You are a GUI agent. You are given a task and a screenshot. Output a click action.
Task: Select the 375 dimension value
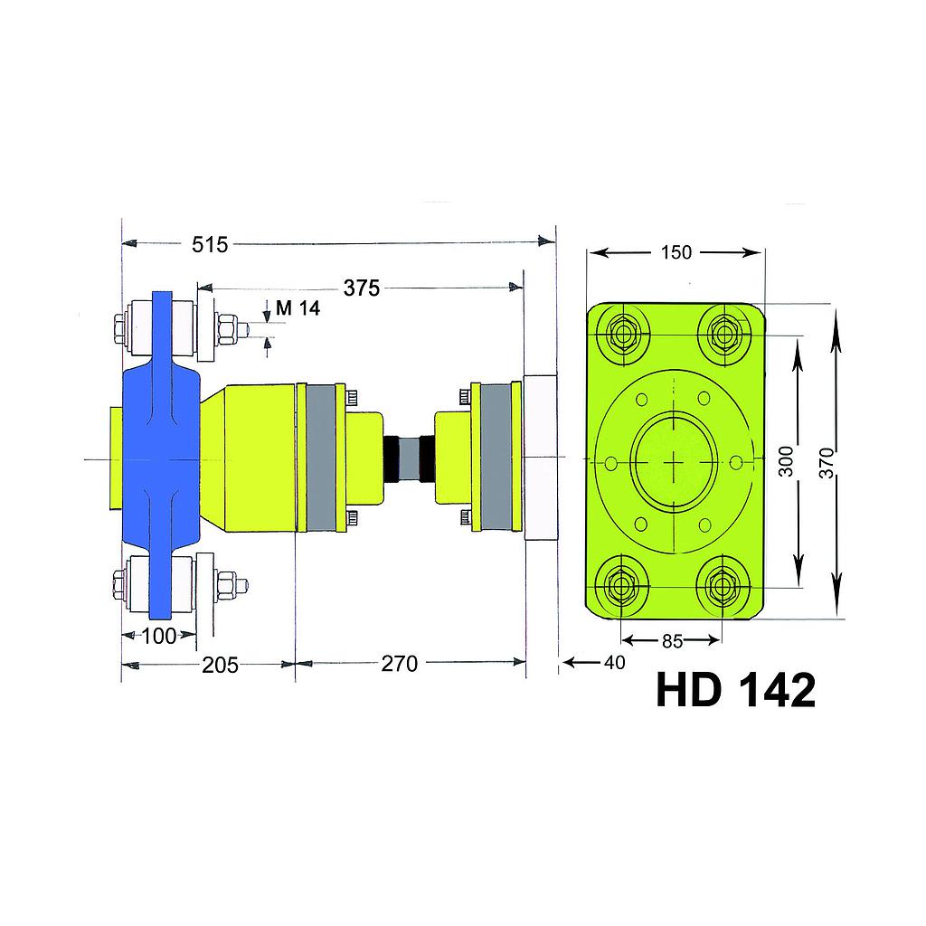point(361,288)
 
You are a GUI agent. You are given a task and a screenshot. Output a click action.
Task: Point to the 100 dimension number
point(159,636)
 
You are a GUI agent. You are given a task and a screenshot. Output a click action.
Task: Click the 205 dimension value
point(220,666)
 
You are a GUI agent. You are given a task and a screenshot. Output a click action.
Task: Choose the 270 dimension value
point(399,664)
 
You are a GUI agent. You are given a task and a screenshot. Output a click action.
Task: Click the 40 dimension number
point(614,663)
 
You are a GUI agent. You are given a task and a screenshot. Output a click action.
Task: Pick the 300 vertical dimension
point(786,461)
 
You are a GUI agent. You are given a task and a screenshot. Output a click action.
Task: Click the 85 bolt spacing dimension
point(672,641)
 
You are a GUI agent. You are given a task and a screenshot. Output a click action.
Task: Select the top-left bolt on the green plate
point(623,335)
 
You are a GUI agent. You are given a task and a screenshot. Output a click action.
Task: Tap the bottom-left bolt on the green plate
point(623,586)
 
